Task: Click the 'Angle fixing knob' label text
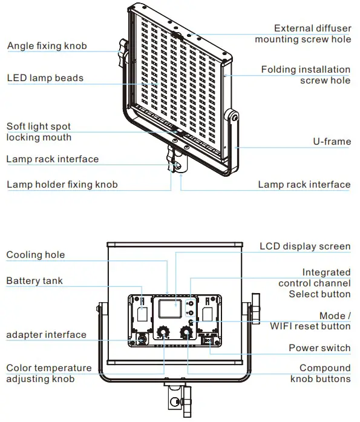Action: [47, 46]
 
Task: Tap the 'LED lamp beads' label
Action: [45, 78]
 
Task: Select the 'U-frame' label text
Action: [332, 142]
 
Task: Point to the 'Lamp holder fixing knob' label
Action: [62, 185]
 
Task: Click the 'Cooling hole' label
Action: [35, 255]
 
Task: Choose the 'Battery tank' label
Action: [34, 281]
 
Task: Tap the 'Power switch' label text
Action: [319, 348]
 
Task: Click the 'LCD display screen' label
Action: [305, 246]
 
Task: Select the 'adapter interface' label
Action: [46, 335]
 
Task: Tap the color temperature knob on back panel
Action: [163, 332]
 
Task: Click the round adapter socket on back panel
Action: [141, 340]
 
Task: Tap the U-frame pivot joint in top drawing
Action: [232, 116]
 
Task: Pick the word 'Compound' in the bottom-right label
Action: [325, 368]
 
